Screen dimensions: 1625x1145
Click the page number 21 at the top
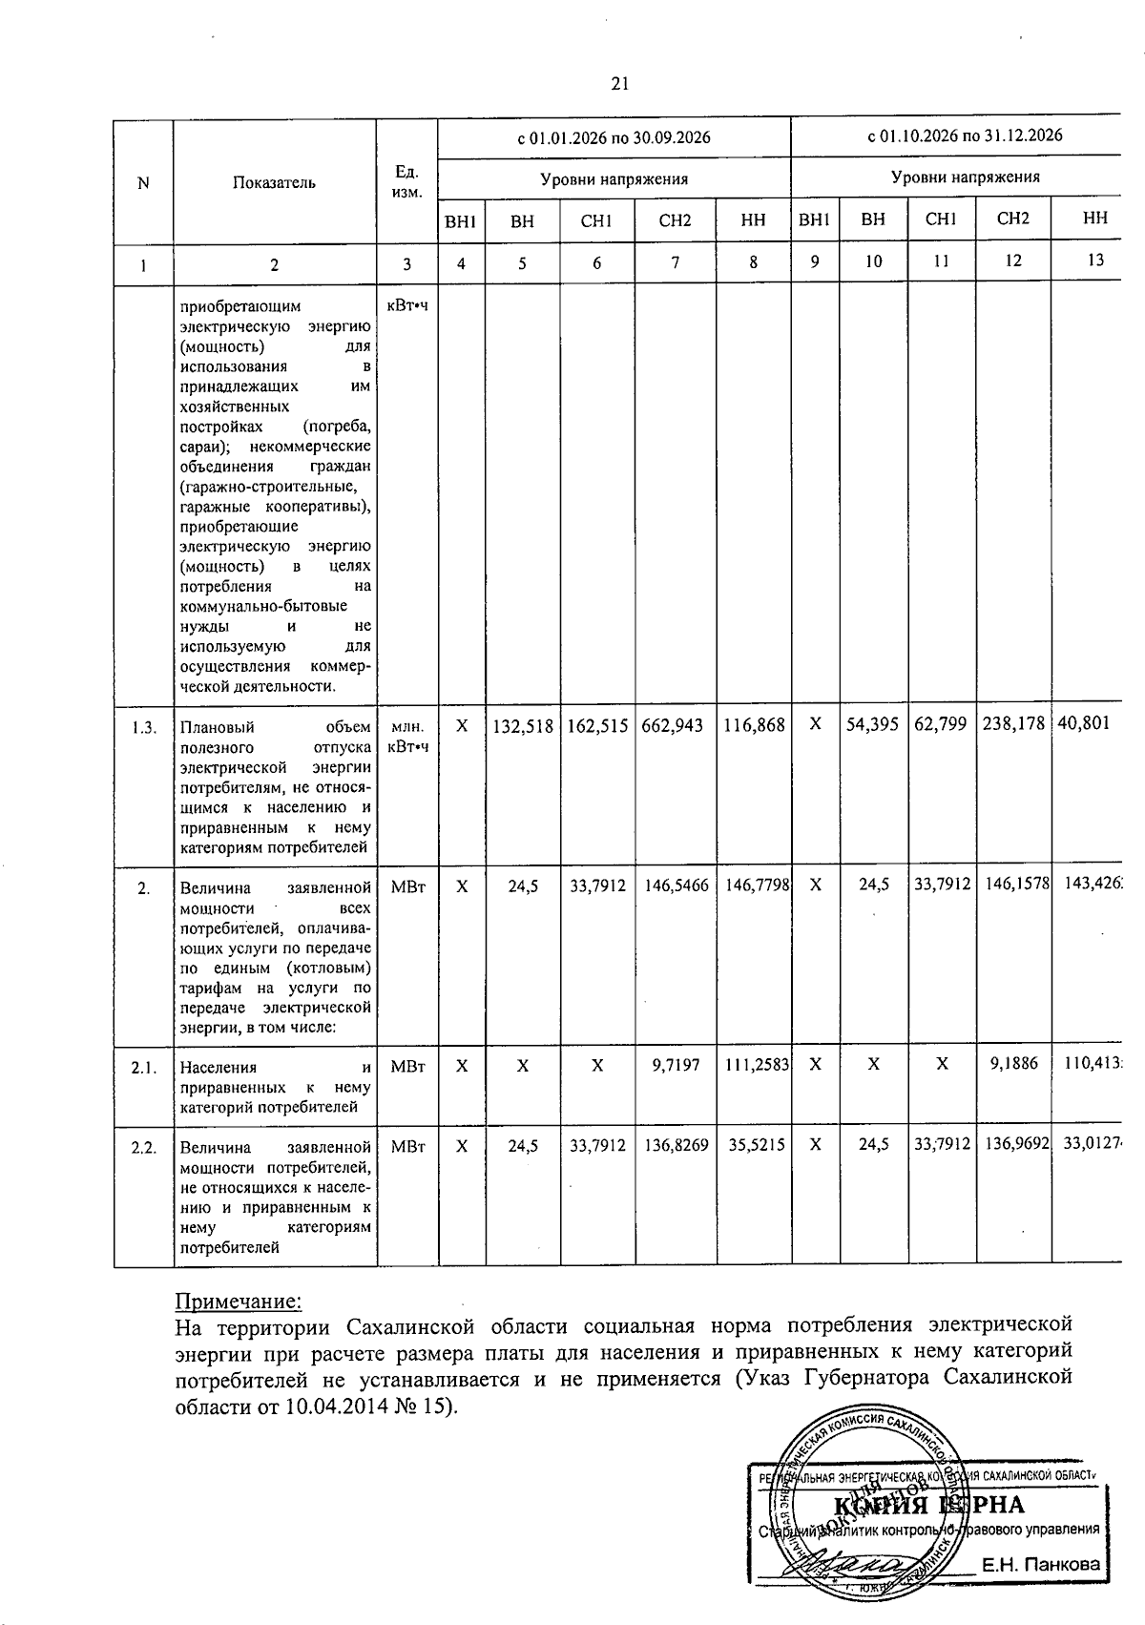(619, 84)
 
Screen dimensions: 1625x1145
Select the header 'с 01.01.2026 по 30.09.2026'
(614, 137)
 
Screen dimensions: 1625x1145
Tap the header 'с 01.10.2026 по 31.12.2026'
(965, 135)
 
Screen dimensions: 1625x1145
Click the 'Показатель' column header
(274, 182)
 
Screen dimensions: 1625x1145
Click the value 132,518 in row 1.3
(523, 725)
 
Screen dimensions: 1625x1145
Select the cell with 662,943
(675, 725)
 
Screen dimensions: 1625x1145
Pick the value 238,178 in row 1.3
(1013, 724)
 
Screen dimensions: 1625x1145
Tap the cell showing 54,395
(872, 724)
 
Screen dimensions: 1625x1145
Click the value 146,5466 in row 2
(675, 886)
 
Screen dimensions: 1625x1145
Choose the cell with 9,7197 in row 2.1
(675, 1068)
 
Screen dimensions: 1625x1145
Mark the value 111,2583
(754, 1068)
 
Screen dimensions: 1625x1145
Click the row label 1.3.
(144, 726)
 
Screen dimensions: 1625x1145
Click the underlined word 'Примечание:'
(239, 1302)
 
